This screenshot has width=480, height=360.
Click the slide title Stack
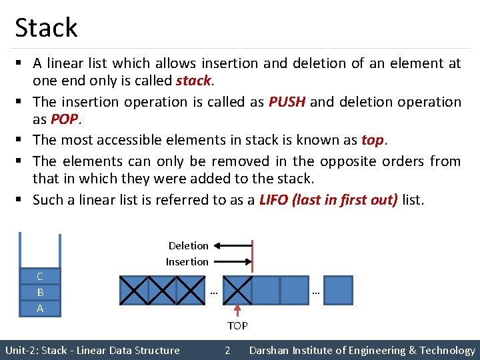[46, 27]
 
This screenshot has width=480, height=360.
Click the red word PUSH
[287, 102]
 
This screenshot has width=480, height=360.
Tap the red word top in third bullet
[372, 140]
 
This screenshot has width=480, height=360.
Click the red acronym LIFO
[274, 199]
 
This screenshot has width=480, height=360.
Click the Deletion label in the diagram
[188, 246]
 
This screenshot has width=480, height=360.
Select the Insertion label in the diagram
[187, 262]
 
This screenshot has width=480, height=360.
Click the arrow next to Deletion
[233, 246]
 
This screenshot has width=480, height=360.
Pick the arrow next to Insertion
[233, 262]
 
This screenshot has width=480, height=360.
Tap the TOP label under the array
[237, 326]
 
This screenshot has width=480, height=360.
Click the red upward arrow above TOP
[238, 311]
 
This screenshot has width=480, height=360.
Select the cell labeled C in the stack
[40, 276]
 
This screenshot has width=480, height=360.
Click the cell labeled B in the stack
[40, 292]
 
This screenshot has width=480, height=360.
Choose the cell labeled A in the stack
[40, 308]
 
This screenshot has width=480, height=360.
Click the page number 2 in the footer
[227, 350]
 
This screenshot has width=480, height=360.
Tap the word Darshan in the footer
[270, 350]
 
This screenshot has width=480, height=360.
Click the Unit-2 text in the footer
[21, 350]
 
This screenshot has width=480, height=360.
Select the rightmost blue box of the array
[338, 290]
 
